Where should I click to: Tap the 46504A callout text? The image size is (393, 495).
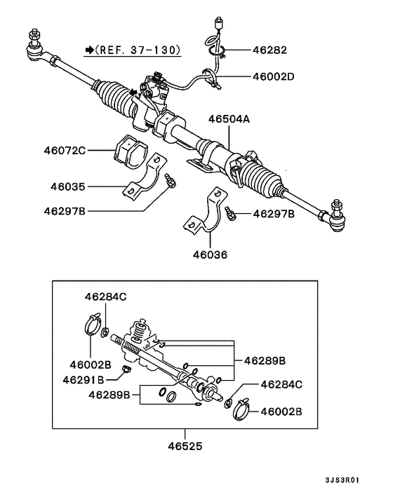(x=228, y=120)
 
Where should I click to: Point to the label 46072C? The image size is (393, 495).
(x=64, y=150)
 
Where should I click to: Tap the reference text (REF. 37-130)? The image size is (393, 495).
(x=138, y=50)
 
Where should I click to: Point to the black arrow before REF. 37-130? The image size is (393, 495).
(x=89, y=50)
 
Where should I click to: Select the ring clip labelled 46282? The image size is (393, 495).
(x=218, y=49)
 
